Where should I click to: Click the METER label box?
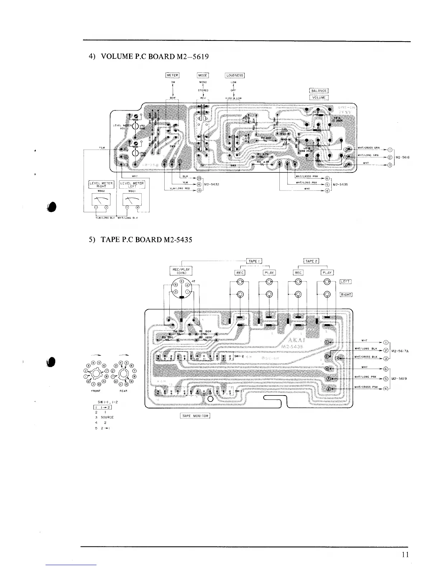172,75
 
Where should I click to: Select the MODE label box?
203,75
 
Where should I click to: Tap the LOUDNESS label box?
235,75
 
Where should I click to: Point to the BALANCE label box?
318,91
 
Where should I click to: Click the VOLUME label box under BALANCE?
318,97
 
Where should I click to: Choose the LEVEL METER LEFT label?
132,184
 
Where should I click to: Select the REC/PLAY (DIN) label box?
181,270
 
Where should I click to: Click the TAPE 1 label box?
254,261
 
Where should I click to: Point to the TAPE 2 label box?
311,261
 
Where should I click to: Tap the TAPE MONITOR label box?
195,416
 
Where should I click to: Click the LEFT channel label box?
345,281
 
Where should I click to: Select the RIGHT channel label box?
346,295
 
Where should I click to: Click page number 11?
405,554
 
